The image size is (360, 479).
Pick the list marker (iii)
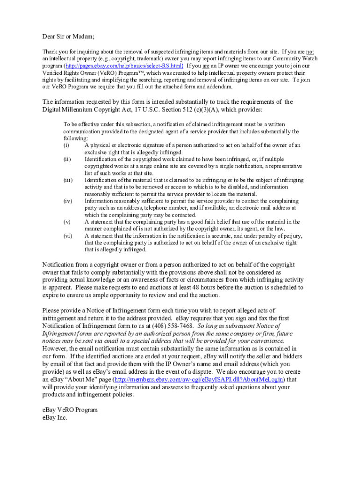[x=68, y=180]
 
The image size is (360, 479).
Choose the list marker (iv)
[x=68, y=201]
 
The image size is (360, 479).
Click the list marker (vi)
[x=68, y=236]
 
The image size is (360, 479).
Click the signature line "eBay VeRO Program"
[x=70, y=410]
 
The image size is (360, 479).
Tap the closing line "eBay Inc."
[x=55, y=418]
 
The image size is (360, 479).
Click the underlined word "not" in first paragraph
[x=310, y=51]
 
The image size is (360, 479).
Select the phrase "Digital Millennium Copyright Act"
[x=91, y=109]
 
